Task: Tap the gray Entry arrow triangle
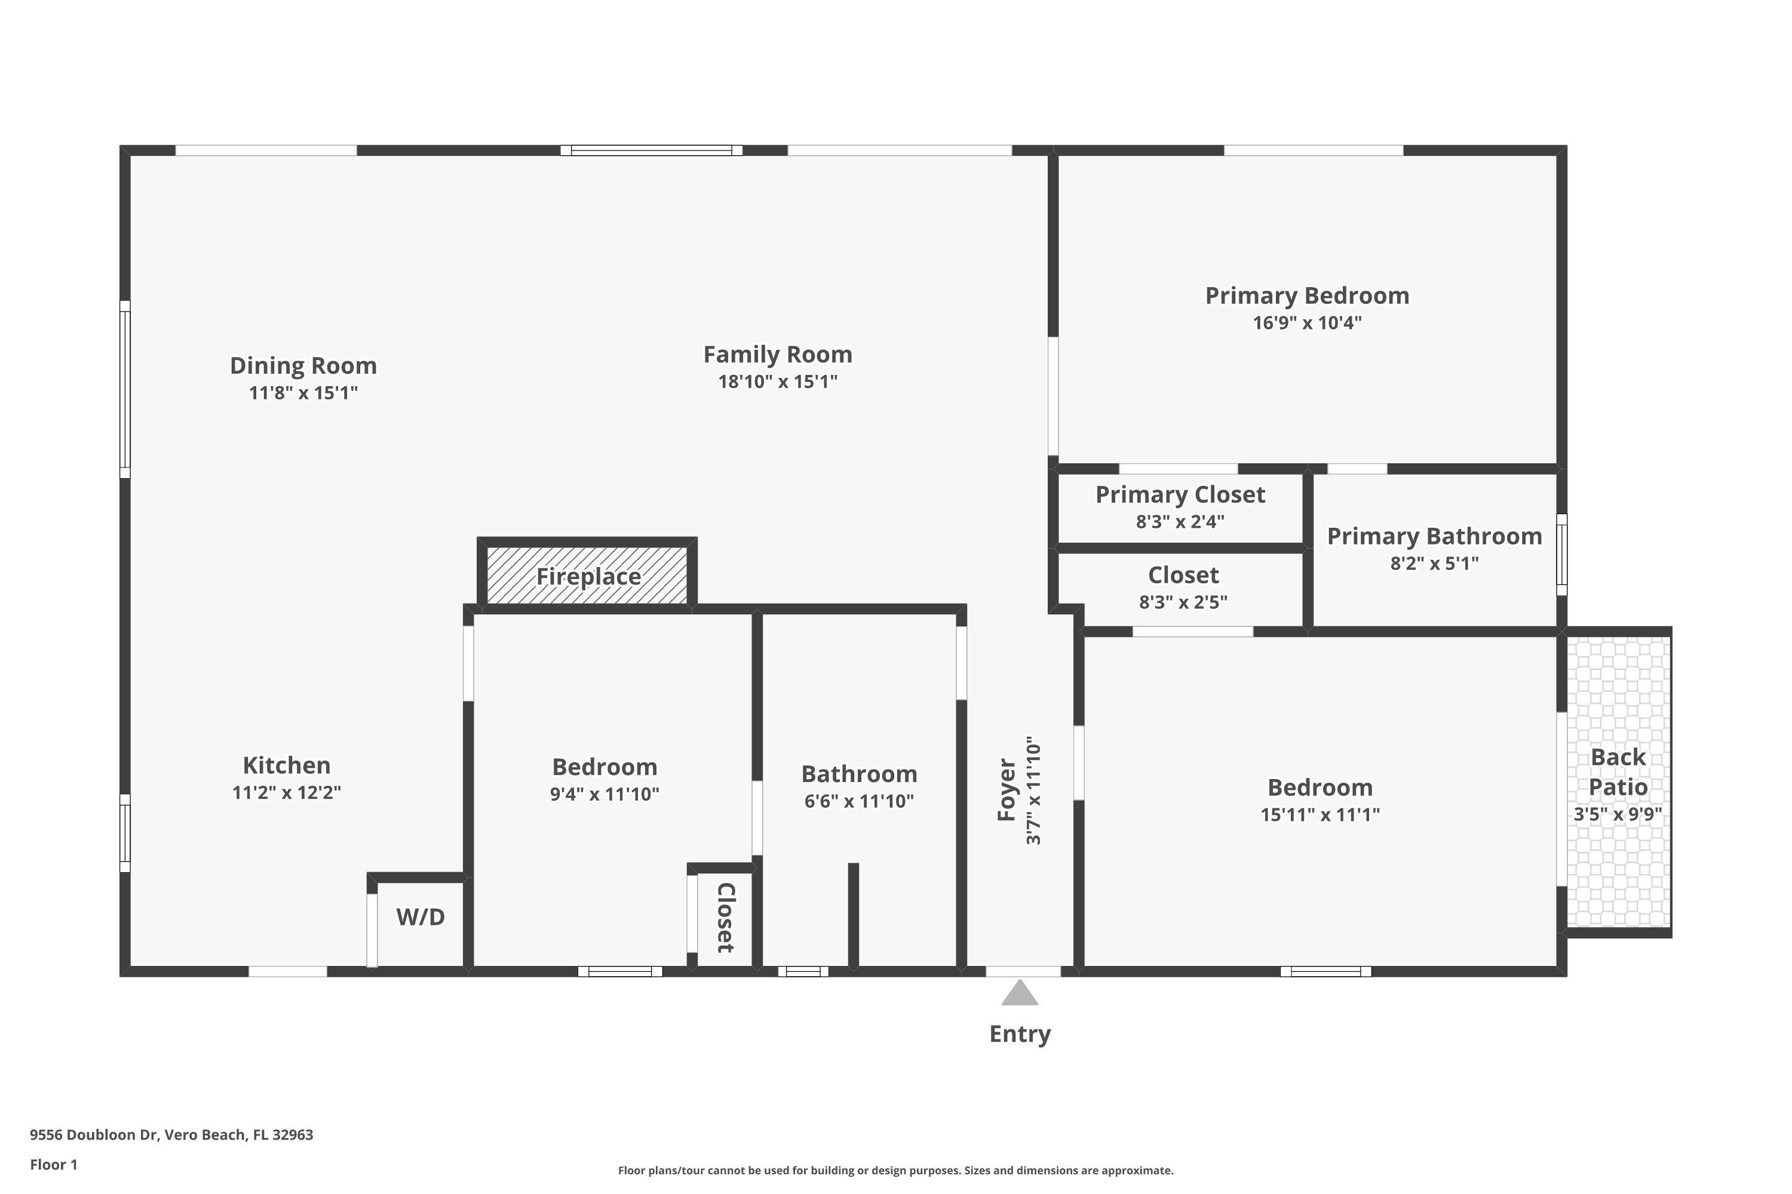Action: click(x=1020, y=994)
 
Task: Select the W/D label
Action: click(x=420, y=917)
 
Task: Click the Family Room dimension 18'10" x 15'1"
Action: click(x=777, y=381)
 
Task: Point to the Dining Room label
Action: click(x=303, y=365)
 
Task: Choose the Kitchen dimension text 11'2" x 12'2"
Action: click(x=287, y=793)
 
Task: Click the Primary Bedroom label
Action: click(x=1307, y=296)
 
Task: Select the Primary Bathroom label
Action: click(x=1434, y=536)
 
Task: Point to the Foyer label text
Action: click(x=1007, y=790)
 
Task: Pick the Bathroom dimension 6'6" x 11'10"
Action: click(x=859, y=801)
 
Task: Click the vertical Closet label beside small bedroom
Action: click(x=725, y=918)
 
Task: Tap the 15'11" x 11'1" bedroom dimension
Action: click(x=1320, y=815)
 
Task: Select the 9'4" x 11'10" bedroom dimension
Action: click(x=604, y=794)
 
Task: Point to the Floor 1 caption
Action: click(x=53, y=1164)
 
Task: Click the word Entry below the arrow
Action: click(x=1020, y=1034)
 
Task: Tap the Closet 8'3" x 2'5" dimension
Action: click(x=1183, y=602)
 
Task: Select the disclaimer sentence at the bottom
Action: click(x=895, y=1170)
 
